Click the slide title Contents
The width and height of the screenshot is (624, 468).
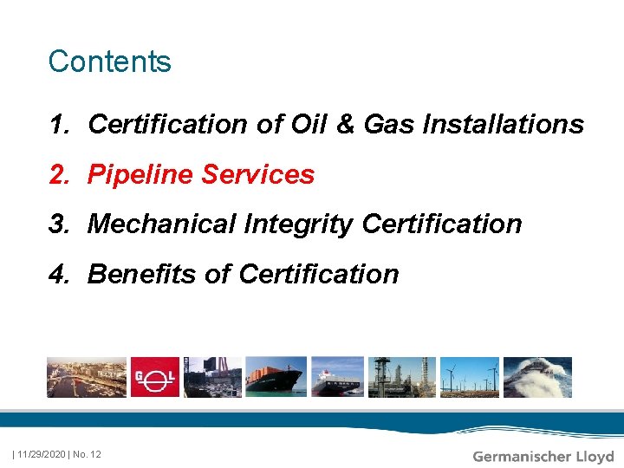click(110, 62)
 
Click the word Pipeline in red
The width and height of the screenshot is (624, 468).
click(140, 175)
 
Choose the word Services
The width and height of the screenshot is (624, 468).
click(257, 175)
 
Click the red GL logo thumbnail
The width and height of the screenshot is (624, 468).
click(154, 377)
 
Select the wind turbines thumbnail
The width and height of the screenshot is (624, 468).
click(468, 377)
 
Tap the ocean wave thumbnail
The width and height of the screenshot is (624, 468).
click(537, 377)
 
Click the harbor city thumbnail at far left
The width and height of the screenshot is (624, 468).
click(86, 377)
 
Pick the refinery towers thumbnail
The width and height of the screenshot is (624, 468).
click(401, 377)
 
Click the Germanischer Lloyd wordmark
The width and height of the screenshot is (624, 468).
click(543, 456)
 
